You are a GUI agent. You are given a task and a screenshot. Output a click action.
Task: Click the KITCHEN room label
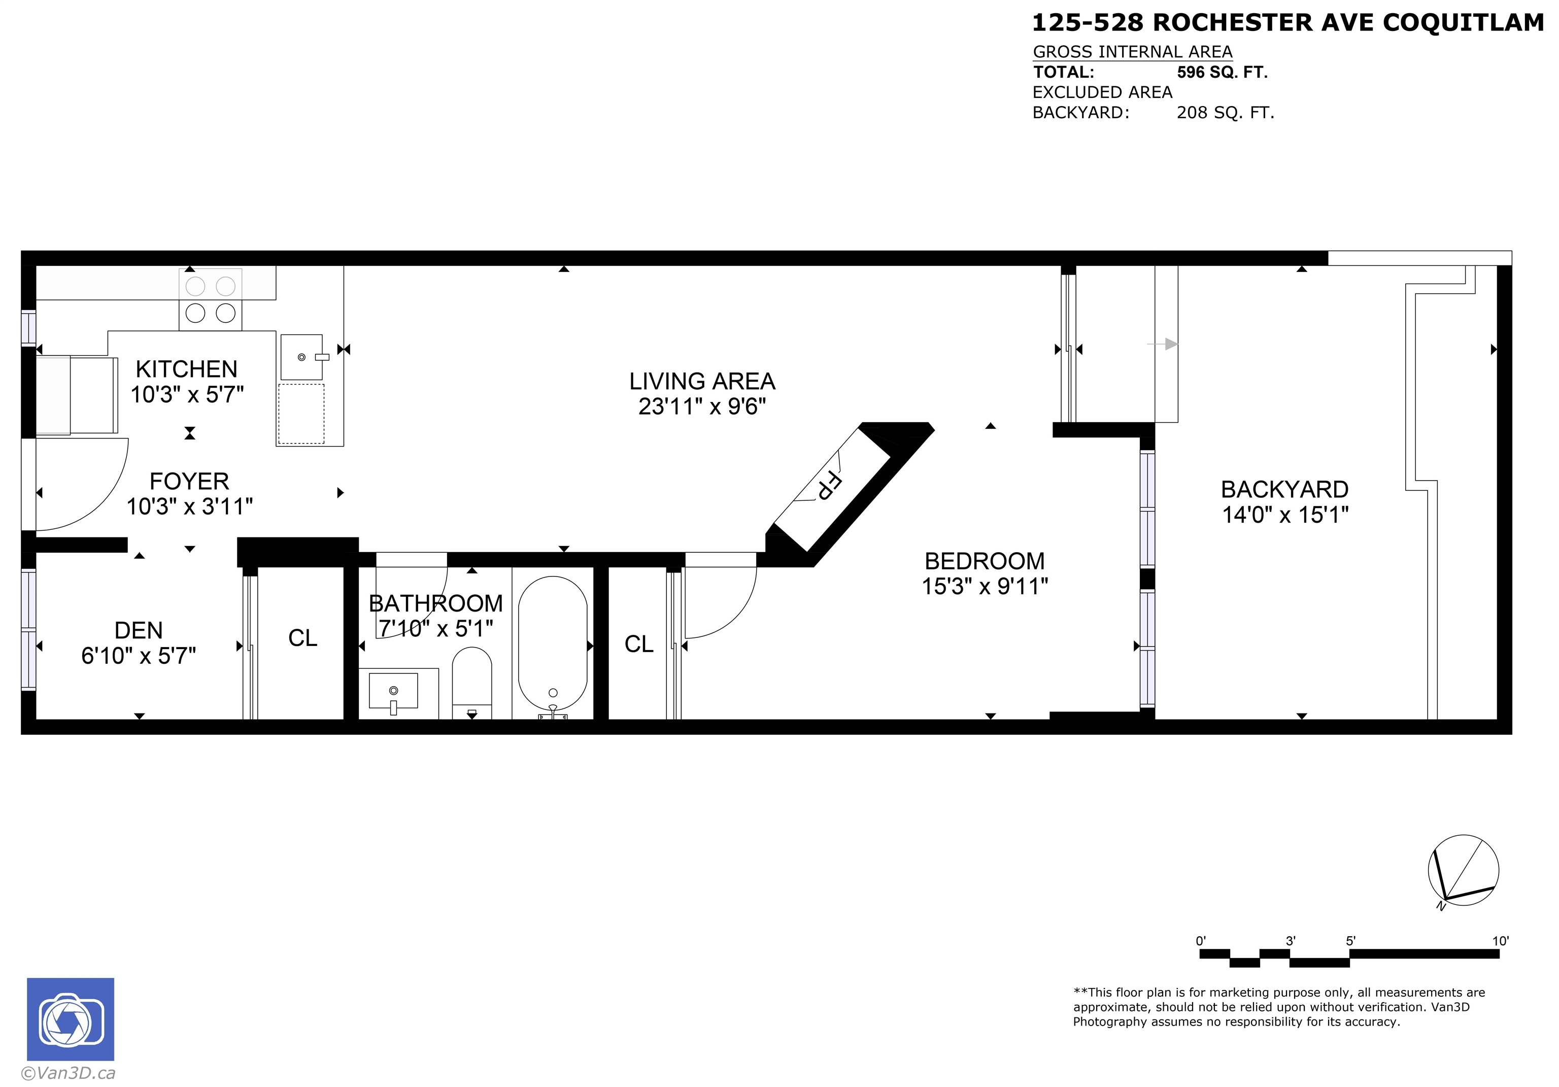(x=187, y=369)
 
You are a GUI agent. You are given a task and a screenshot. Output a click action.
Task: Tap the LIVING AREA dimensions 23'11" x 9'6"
(x=702, y=406)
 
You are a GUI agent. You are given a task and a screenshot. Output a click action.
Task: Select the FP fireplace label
(x=829, y=486)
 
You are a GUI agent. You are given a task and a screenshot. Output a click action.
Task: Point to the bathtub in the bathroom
(x=553, y=644)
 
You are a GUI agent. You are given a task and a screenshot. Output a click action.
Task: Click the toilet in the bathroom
(x=472, y=683)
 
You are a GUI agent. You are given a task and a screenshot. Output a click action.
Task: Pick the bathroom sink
(x=394, y=691)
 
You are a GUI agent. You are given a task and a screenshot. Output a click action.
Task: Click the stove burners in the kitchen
(x=211, y=299)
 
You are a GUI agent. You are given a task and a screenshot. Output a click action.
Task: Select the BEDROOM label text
(x=985, y=561)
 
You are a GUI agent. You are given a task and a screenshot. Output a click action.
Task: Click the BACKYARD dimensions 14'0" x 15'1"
(x=1285, y=515)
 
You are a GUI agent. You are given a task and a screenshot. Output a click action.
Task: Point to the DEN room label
(x=139, y=631)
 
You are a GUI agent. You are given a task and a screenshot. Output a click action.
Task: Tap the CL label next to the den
(x=303, y=638)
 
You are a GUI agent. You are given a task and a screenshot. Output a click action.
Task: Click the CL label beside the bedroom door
(x=639, y=644)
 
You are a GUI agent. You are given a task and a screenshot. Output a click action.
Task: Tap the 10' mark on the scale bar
(x=1500, y=941)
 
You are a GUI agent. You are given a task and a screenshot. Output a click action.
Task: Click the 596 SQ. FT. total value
(x=1222, y=72)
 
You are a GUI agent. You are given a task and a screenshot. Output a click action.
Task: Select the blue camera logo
(x=71, y=1019)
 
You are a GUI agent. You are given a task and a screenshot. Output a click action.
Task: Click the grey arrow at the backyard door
(x=1163, y=344)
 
